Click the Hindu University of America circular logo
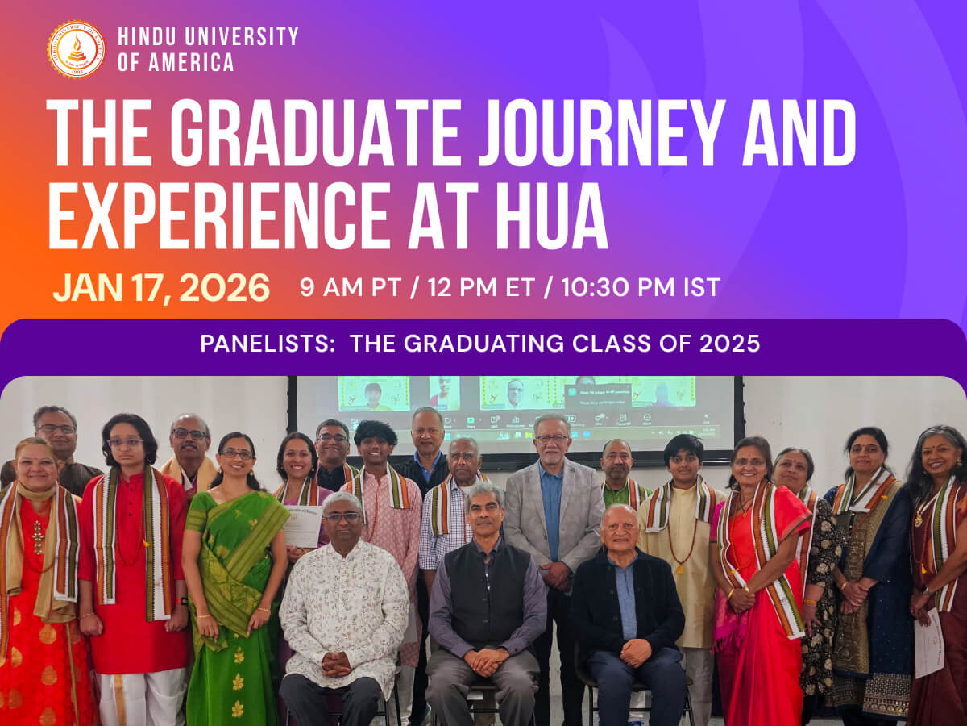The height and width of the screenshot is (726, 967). coord(76,49)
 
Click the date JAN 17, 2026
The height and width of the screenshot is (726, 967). coord(161,288)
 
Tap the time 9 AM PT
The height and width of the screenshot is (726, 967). coord(350,288)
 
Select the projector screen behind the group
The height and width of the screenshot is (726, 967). coord(516,411)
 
